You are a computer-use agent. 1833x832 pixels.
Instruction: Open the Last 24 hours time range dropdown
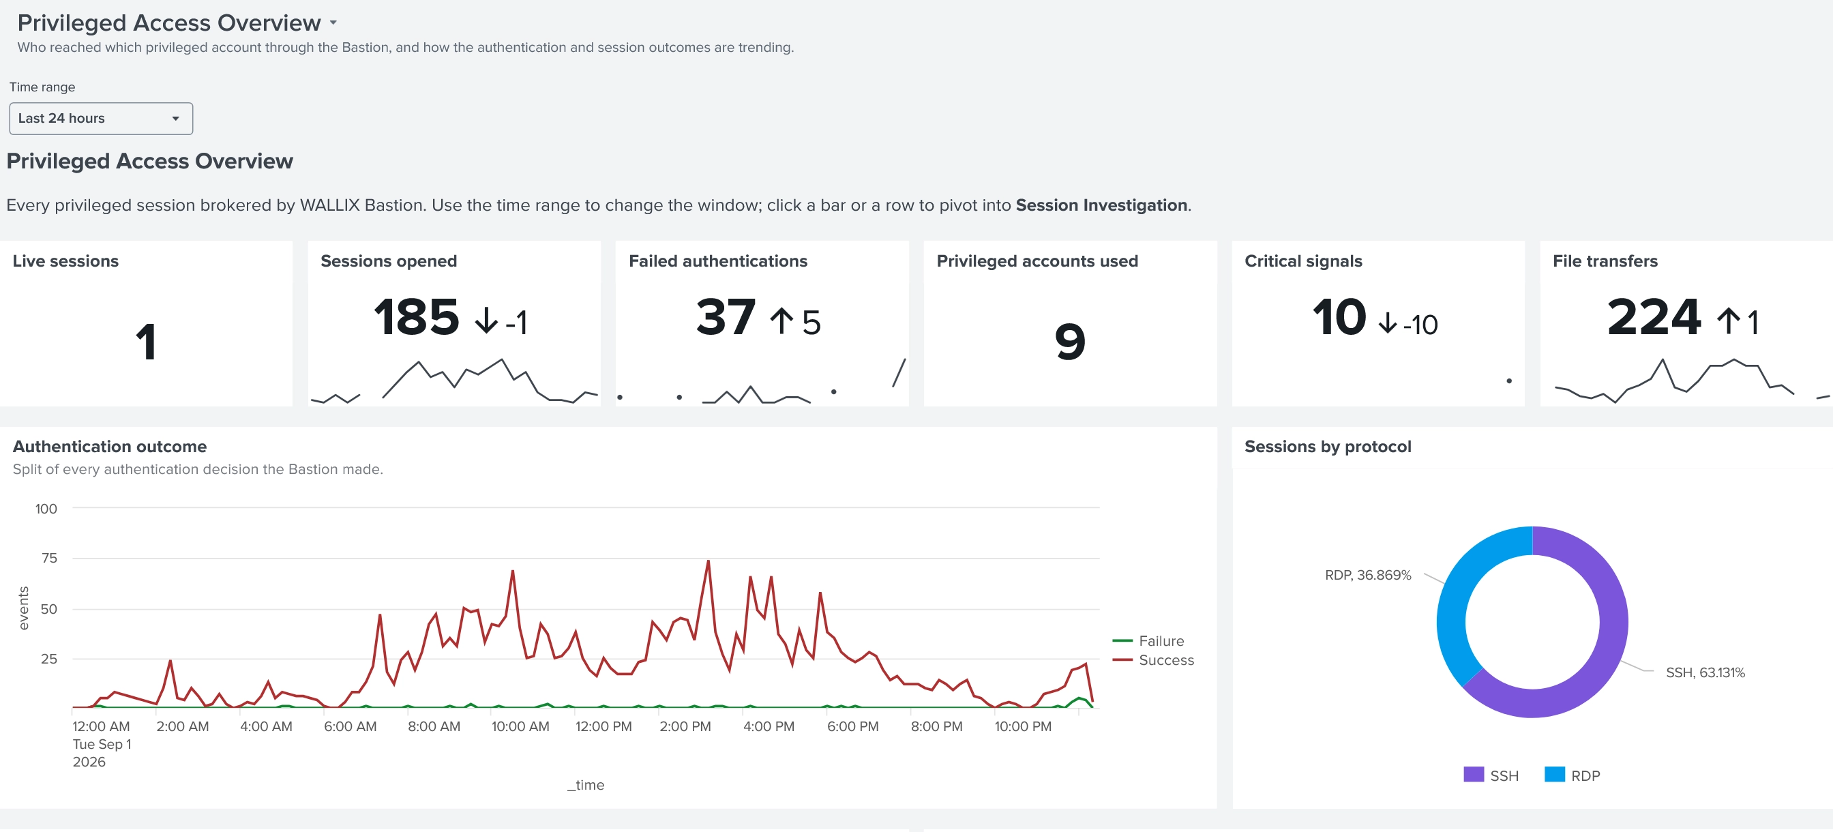pos(100,118)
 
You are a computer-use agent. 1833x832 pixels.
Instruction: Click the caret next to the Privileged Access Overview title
pos(333,23)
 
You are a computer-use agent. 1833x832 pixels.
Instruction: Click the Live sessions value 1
pos(146,342)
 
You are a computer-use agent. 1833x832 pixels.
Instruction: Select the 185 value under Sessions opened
pos(417,316)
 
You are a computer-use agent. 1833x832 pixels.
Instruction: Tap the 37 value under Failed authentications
pos(726,316)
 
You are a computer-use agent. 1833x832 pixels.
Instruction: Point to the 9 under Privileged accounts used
pos(1070,342)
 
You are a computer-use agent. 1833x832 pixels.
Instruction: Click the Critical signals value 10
pos(1339,316)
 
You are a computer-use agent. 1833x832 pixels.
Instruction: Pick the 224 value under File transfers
pos(1654,316)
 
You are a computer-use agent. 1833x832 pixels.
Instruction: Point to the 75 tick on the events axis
pos(49,558)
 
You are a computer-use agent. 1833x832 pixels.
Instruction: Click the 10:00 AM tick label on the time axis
pos(520,726)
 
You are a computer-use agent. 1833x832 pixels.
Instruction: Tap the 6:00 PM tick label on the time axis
pos(852,726)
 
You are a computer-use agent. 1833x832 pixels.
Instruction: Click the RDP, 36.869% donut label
pos(1368,575)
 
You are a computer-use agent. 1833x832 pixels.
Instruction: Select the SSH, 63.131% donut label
pos(1705,672)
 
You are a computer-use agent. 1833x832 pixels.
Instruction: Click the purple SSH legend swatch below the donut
pos(1474,774)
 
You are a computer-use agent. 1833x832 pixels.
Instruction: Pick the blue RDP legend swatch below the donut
pos(1555,774)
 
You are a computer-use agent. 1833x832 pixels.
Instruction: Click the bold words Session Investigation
pos(1101,205)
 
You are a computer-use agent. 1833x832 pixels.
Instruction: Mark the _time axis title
pos(586,785)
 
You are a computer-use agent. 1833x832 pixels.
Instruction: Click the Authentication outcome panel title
pos(110,446)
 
